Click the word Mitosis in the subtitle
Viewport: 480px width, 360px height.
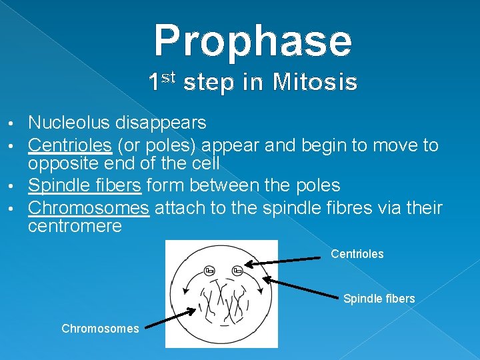point(317,83)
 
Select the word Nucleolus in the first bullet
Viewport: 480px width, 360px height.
point(70,123)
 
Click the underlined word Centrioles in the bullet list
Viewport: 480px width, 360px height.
point(70,145)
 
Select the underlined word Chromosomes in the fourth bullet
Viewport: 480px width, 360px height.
point(89,208)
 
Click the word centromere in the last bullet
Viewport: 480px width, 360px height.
point(75,226)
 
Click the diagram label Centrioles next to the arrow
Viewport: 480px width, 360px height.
point(357,254)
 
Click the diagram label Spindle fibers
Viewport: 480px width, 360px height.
point(379,299)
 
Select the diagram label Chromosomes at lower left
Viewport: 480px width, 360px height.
point(100,328)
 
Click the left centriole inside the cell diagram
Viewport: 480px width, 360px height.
point(209,270)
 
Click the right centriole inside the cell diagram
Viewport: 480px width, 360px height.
point(237,270)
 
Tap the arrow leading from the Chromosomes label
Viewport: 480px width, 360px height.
point(171,317)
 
